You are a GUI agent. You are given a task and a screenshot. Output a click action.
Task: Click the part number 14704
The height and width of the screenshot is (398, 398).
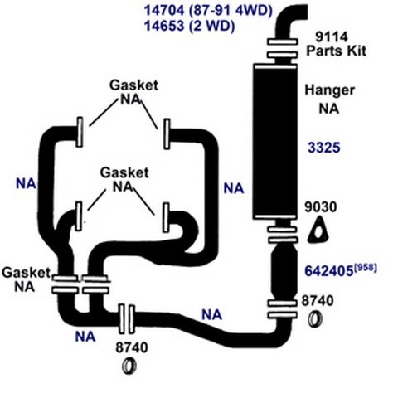164,11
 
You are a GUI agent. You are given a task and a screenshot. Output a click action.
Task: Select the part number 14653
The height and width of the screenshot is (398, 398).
164,26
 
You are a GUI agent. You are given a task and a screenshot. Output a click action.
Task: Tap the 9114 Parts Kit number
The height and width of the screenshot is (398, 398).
332,36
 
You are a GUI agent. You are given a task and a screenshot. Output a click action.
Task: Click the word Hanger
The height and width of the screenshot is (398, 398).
329,90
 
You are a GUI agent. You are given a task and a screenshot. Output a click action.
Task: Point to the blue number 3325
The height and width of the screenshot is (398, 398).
324,148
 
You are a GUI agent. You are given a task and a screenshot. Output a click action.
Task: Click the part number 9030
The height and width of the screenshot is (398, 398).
321,207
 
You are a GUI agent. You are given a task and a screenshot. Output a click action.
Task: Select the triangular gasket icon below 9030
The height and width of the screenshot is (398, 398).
318,231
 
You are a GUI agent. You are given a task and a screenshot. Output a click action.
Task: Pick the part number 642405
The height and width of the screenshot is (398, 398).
329,271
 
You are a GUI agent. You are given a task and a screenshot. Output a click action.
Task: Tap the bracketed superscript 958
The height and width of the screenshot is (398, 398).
366,268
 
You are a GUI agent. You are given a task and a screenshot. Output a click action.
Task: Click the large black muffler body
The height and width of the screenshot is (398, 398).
275,142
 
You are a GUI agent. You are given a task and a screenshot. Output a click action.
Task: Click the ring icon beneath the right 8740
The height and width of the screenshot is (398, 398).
315,319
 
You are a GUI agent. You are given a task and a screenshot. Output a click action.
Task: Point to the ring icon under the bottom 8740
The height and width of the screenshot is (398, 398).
129,366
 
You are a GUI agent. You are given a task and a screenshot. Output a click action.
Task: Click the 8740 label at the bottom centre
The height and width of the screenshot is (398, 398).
132,348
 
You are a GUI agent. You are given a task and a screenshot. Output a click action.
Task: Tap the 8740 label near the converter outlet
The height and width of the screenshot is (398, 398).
318,301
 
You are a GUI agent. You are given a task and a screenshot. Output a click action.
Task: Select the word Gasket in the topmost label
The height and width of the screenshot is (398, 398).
134,85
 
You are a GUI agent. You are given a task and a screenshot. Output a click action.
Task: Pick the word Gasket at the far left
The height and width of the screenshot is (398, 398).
27,273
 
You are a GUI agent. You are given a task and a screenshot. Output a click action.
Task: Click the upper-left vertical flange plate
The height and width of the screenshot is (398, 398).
80,132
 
